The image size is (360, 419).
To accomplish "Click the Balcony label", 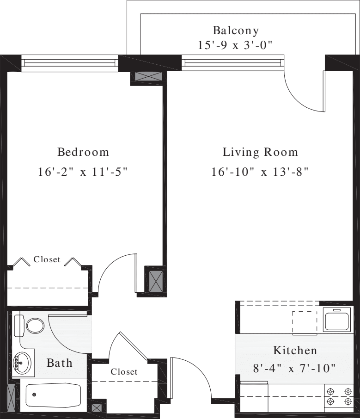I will pyautogui.click(x=236, y=31).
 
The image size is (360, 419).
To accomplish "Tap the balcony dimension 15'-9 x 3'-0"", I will pyautogui.click(x=236, y=45).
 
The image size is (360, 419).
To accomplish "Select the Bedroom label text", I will pyautogui.click(x=83, y=152).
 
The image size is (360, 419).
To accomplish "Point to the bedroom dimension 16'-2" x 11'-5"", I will pyautogui.click(x=83, y=172).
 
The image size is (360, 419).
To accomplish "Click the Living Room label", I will pyautogui.click(x=260, y=152).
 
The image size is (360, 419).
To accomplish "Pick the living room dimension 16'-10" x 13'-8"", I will pyautogui.click(x=260, y=172).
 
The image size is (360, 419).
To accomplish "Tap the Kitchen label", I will pyautogui.click(x=295, y=350).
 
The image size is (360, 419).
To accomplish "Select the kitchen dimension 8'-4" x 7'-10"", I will pyautogui.click(x=294, y=369).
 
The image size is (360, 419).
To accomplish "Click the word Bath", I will pyautogui.click(x=60, y=363).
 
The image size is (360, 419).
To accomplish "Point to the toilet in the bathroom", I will pyautogui.click(x=30, y=326).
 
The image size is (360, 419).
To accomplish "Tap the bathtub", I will pyautogui.click(x=53, y=395).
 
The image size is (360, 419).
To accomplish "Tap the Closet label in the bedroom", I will pyautogui.click(x=47, y=259).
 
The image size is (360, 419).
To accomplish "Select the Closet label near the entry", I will pyautogui.click(x=124, y=371).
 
